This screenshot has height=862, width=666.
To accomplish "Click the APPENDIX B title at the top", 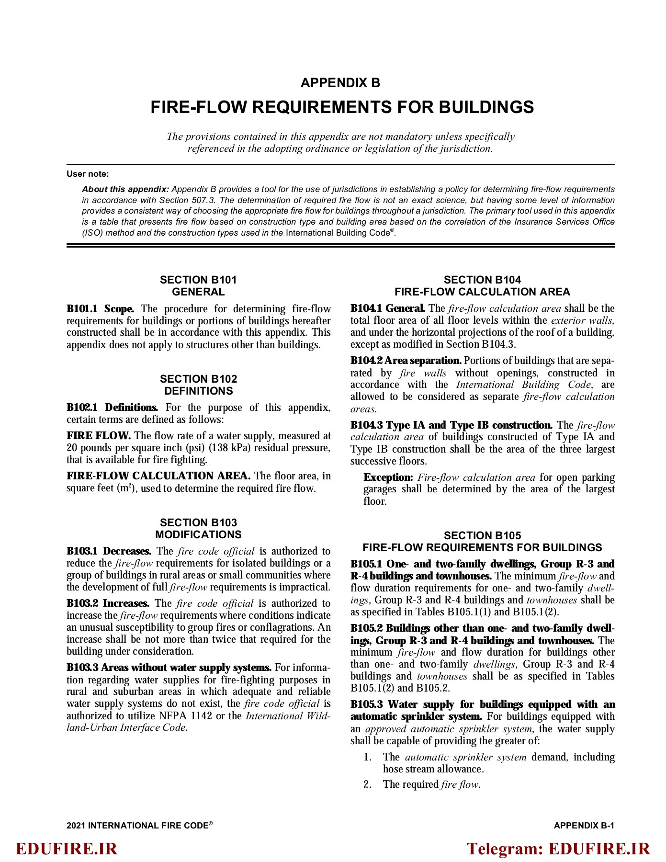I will click(x=340, y=83).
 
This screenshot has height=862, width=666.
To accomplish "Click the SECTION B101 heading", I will click(x=198, y=280).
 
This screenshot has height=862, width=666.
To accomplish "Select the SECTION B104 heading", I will click(x=482, y=280).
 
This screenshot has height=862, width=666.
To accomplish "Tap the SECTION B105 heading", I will click(x=482, y=535).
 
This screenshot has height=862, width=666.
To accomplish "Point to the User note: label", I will click(x=88, y=174).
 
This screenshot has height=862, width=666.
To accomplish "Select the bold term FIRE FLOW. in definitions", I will click(x=99, y=436).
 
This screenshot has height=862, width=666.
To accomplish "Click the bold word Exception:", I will click(x=388, y=477).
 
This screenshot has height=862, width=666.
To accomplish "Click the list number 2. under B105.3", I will click(x=368, y=784).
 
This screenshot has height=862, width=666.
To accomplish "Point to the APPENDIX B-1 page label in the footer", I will click(x=584, y=826).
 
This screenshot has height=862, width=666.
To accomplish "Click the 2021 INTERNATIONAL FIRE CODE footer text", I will click(x=139, y=826).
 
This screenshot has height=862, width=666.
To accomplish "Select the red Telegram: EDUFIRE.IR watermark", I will click(x=558, y=849).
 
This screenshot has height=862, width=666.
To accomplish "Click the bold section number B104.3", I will click(x=366, y=425).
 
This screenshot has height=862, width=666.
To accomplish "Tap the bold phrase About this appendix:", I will click(x=125, y=189).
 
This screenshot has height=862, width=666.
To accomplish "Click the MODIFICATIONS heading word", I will click(x=198, y=534).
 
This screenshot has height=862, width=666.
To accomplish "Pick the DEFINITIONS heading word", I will click(x=198, y=391).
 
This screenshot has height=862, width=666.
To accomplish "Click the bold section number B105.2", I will click(x=366, y=628).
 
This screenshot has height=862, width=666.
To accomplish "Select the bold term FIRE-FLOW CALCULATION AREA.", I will click(x=158, y=476).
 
